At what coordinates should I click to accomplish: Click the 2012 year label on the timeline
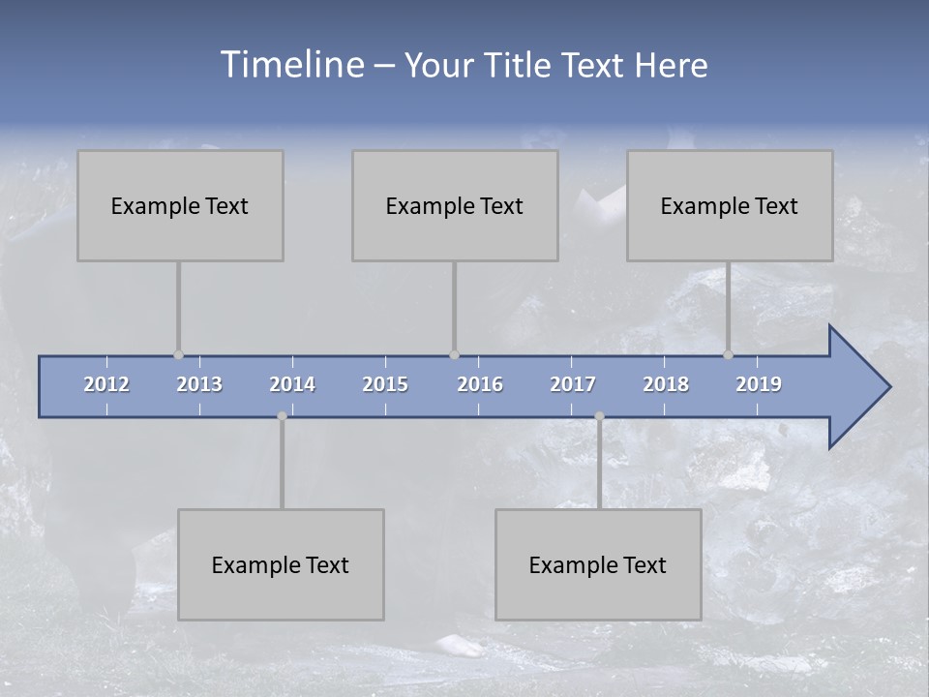[x=106, y=384]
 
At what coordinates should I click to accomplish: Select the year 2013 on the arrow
[x=199, y=384]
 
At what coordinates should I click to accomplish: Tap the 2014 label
[x=292, y=384]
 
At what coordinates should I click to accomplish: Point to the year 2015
[x=385, y=384]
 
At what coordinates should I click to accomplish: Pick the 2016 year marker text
[x=480, y=384]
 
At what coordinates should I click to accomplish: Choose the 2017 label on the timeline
[x=573, y=384]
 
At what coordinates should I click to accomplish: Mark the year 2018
[x=666, y=384]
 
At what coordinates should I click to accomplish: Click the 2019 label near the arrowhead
[x=759, y=384]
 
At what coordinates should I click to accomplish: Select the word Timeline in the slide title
[x=291, y=65]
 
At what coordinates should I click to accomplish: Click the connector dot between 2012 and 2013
[x=178, y=354]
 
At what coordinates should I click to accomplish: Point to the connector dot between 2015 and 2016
[x=454, y=354]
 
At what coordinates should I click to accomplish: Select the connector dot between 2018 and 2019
[x=728, y=354]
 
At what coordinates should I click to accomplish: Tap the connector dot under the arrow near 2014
[x=282, y=416]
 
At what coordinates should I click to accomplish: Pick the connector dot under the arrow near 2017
[x=599, y=416]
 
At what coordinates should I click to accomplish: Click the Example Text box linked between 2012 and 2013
[x=180, y=205]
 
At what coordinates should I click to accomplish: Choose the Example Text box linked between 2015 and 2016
[x=455, y=205]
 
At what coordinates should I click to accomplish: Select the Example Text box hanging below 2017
[x=598, y=564]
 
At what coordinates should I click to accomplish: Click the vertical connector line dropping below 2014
[x=282, y=465]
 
